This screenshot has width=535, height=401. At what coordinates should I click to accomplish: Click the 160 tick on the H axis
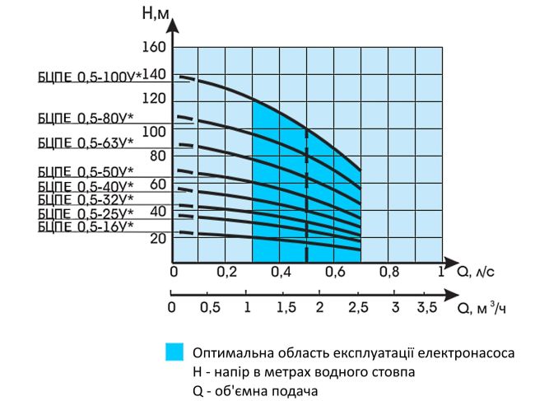pyautogui.click(x=154, y=47)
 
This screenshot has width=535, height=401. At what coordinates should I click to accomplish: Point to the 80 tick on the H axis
pyautogui.click(x=156, y=155)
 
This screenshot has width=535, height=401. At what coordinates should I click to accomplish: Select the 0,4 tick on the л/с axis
pyautogui.click(x=280, y=272)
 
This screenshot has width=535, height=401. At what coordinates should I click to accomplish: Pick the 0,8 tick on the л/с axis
pyautogui.click(x=388, y=272)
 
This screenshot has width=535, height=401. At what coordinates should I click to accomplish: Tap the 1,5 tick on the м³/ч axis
pyautogui.click(x=286, y=308)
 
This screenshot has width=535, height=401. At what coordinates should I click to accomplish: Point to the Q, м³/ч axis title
pyautogui.click(x=482, y=307)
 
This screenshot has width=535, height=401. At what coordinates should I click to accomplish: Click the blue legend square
pyautogui.click(x=174, y=352)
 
